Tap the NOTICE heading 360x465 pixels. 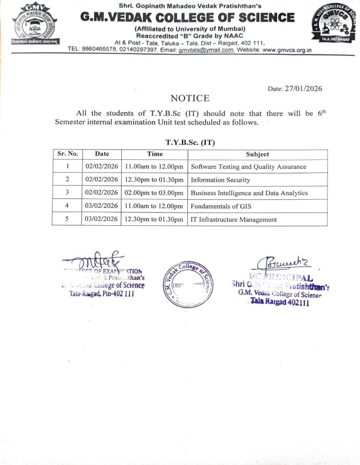point(190,98)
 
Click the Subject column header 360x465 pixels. point(257,154)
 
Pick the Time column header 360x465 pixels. point(155,154)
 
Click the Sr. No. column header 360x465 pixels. point(67,154)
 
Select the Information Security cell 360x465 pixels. point(220,180)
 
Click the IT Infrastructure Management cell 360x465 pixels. point(234,219)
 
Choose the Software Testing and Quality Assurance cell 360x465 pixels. point(248,167)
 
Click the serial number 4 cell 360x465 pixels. point(67,206)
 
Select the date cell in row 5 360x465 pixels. point(102,219)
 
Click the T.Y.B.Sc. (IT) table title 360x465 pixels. point(190,142)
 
